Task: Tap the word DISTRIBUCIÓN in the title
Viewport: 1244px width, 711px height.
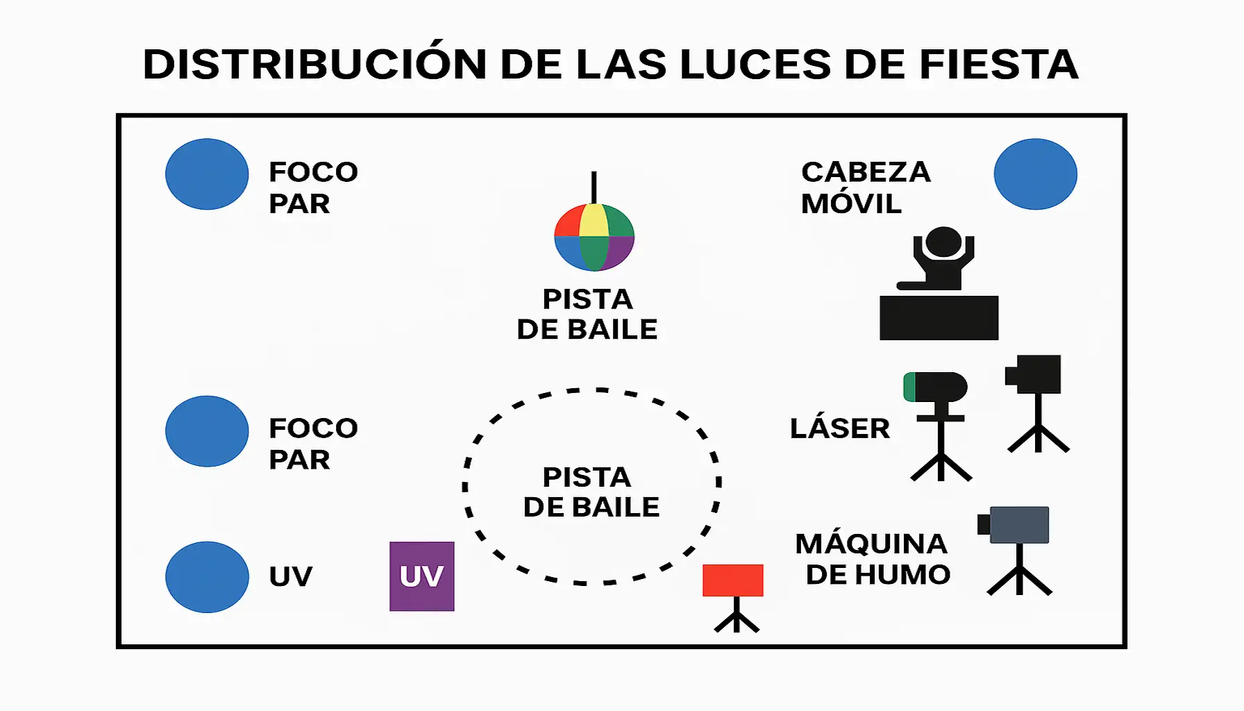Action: click(x=314, y=65)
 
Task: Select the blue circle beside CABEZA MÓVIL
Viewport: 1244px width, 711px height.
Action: click(x=1035, y=174)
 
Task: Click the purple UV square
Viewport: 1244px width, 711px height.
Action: click(x=421, y=576)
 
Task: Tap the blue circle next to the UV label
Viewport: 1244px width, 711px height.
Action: click(x=207, y=577)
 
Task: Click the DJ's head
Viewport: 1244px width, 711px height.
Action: click(x=943, y=242)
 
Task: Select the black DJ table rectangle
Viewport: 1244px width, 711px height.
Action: click(x=939, y=318)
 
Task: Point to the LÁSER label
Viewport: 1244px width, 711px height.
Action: click(x=839, y=428)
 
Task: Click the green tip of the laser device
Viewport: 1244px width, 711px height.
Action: click(x=909, y=387)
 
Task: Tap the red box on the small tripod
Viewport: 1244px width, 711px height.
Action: click(x=732, y=580)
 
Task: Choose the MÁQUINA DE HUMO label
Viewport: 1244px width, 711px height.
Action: click(x=873, y=559)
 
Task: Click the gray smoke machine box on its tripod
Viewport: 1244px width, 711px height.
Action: click(x=1018, y=525)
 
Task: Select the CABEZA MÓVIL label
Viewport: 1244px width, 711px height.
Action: click(x=864, y=187)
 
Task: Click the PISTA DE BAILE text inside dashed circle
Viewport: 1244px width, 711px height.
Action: click(x=590, y=492)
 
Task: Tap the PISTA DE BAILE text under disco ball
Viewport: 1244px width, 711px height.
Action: click(x=587, y=315)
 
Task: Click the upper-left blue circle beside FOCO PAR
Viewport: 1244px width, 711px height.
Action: click(x=207, y=174)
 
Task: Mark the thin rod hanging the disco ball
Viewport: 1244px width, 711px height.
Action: click(x=594, y=187)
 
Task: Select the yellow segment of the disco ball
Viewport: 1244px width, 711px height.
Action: click(x=594, y=220)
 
